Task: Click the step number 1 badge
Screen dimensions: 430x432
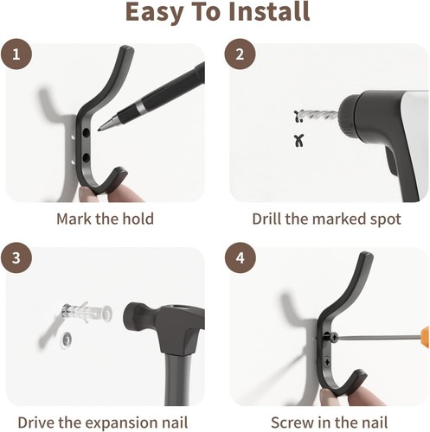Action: click(16, 54)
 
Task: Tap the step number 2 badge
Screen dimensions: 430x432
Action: click(240, 54)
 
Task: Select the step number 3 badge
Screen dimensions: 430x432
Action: click(16, 257)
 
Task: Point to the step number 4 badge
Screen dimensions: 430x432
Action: click(241, 257)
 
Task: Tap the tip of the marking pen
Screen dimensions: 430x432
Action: click(99, 130)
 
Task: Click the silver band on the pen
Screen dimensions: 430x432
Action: click(140, 106)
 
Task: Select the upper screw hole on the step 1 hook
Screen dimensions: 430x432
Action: click(86, 132)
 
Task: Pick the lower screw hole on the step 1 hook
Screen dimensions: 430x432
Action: click(86, 158)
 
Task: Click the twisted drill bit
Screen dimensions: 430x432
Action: click(318, 115)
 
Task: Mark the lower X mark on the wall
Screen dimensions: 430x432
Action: click(299, 141)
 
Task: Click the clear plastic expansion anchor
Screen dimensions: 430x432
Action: click(87, 312)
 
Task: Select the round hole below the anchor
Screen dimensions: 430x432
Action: click(67, 340)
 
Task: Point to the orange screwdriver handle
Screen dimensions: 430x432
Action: click(424, 337)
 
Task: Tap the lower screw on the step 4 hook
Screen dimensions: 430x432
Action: click(327, 361)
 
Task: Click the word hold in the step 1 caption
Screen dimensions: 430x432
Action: click(138, 219)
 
